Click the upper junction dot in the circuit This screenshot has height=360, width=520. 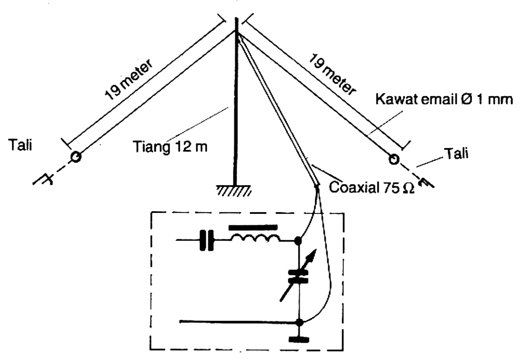click(x=298, y=242)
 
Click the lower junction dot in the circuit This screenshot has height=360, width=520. click(x=298, y=323)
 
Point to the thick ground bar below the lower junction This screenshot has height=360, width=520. click(x=298, y=339)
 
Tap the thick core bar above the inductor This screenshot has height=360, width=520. click(x=253, y=227)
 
